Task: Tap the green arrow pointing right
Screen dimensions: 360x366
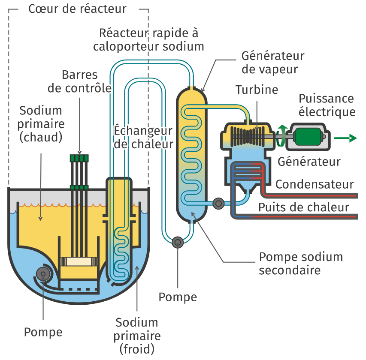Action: [x=346, y=138]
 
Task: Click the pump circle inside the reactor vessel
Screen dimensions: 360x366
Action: [x=43, y=274]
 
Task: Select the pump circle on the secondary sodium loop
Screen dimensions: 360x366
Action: [x=177, y=243]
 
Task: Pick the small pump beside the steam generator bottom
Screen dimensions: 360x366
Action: [x=218, y=203]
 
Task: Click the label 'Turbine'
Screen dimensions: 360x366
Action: [x=257, y=90]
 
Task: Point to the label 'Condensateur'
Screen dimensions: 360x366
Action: [x=315, y=185]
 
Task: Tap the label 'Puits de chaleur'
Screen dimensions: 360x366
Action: [x=303, y=207]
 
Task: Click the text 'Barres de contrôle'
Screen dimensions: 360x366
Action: [x=80, y=82]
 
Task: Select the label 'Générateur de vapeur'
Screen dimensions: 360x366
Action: [x=272, y=63]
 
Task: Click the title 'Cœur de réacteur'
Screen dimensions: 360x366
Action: [x=78, y=9]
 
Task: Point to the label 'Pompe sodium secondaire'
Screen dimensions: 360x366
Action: [x=301, y=264]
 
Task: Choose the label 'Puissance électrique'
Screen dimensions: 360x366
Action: [x=327, y=105]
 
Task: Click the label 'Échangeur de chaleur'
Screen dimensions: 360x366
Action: [x=143, y=137]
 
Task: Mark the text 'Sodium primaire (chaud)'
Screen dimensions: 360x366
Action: [x=41, y=124]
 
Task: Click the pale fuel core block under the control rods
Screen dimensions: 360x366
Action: [x=80, y=261]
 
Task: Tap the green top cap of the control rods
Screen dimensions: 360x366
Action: [x=80, y=158]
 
